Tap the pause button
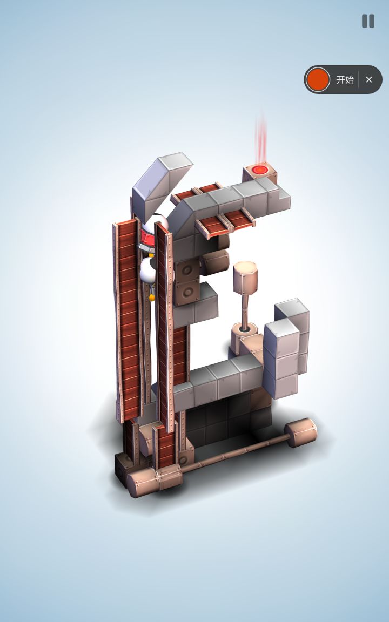(368, 21)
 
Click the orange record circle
(318, 79)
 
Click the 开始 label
(345, 80)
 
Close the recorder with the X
(369, 80)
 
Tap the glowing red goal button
(260, 170)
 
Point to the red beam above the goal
(261, 137)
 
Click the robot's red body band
(148, 239)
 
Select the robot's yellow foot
(152, 297)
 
